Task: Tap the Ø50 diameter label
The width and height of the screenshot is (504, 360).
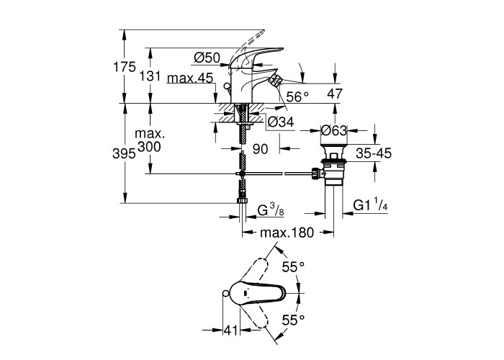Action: [206, 58]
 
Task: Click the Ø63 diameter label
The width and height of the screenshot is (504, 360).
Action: [334, 130]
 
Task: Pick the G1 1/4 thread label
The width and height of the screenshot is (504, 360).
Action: [370, 207]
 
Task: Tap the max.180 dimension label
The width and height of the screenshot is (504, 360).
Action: [287, 233]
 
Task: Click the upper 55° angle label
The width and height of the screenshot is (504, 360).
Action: [293, 267]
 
